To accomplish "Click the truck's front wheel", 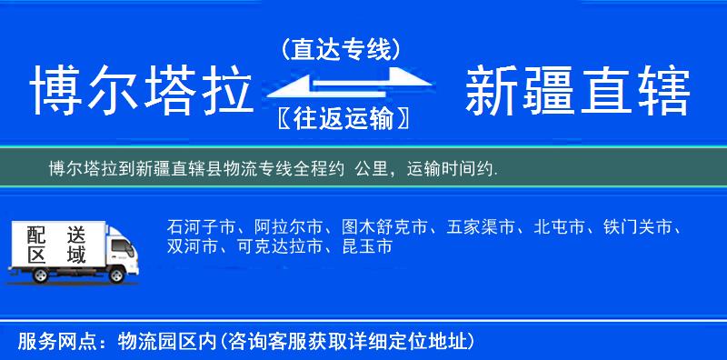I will coord(117,274).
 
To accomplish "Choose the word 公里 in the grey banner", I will coord(373,168).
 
